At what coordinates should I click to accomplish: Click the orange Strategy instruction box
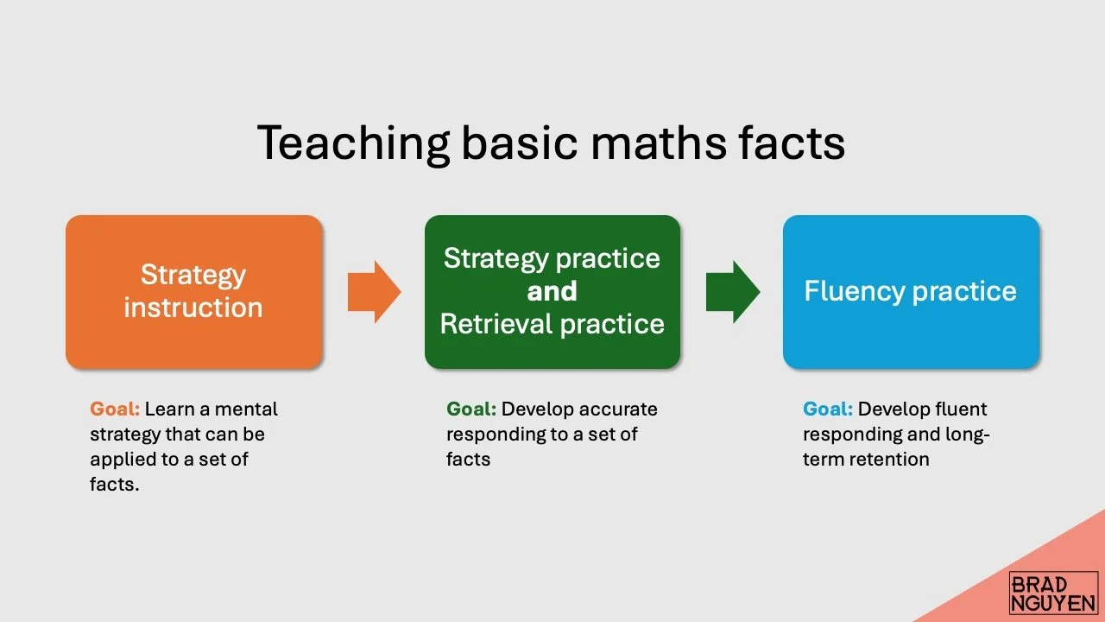point(193,291)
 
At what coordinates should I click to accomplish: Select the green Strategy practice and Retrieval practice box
point(552,291)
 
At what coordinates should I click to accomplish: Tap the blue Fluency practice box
point(911,291)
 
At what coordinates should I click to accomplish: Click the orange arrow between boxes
point(374,292)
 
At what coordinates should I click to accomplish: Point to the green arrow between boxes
point(732,292)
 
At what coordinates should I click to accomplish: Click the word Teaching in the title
point(353,143)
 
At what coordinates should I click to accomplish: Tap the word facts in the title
point(792,143)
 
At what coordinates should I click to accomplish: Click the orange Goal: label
point(115,409)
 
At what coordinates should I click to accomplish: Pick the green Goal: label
point(471,409)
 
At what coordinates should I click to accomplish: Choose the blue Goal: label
point(828,409)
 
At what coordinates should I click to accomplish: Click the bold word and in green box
point(552,291)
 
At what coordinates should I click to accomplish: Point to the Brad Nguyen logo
point(1053,593)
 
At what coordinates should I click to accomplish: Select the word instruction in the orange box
point(193,308)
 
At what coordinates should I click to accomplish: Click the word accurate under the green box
point(618,409)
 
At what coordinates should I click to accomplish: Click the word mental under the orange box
point(246,409)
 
